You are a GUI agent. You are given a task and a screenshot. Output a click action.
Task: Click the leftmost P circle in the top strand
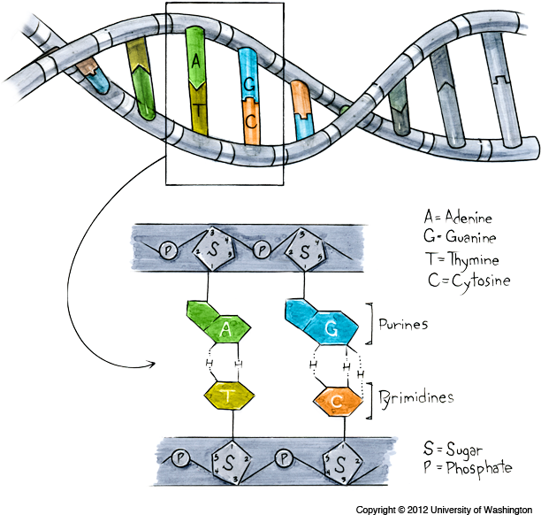tap(166, 250)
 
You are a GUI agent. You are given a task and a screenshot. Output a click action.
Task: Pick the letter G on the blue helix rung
tap(249, 84)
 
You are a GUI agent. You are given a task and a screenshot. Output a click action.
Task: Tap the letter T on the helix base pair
tap(200, 110)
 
